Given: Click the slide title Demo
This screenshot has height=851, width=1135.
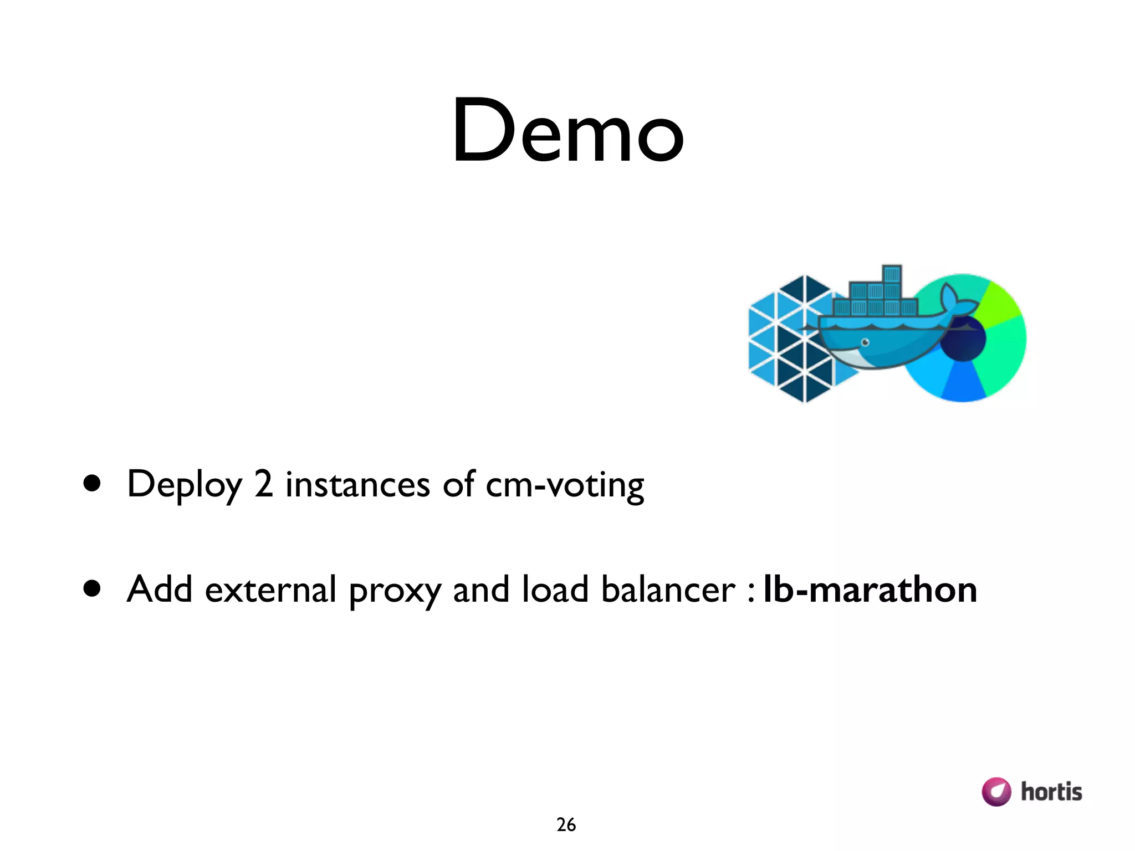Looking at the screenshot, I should coord(567,131).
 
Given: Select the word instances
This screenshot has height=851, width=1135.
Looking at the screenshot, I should coord(357,484).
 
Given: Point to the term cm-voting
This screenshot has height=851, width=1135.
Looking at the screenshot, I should coord(565,485).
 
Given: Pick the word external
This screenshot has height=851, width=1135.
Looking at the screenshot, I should coord(270,589).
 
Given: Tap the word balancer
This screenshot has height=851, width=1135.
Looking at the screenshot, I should coord(668,589).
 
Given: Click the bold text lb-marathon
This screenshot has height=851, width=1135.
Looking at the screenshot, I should coord(870,589).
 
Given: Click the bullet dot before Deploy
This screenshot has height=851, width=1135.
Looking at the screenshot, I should coord(92,483).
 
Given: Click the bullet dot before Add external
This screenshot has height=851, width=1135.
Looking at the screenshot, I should coord(92,589).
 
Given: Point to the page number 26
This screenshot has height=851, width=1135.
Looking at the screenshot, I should coord(566,825).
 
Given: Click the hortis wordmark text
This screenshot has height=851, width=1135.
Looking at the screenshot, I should coord(1051,792).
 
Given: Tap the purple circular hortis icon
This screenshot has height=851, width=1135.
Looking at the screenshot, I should coord(996,792).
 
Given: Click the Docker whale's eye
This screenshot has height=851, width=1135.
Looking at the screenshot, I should coord(865,342).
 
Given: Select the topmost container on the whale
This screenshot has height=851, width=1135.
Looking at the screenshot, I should coord(892,274).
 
